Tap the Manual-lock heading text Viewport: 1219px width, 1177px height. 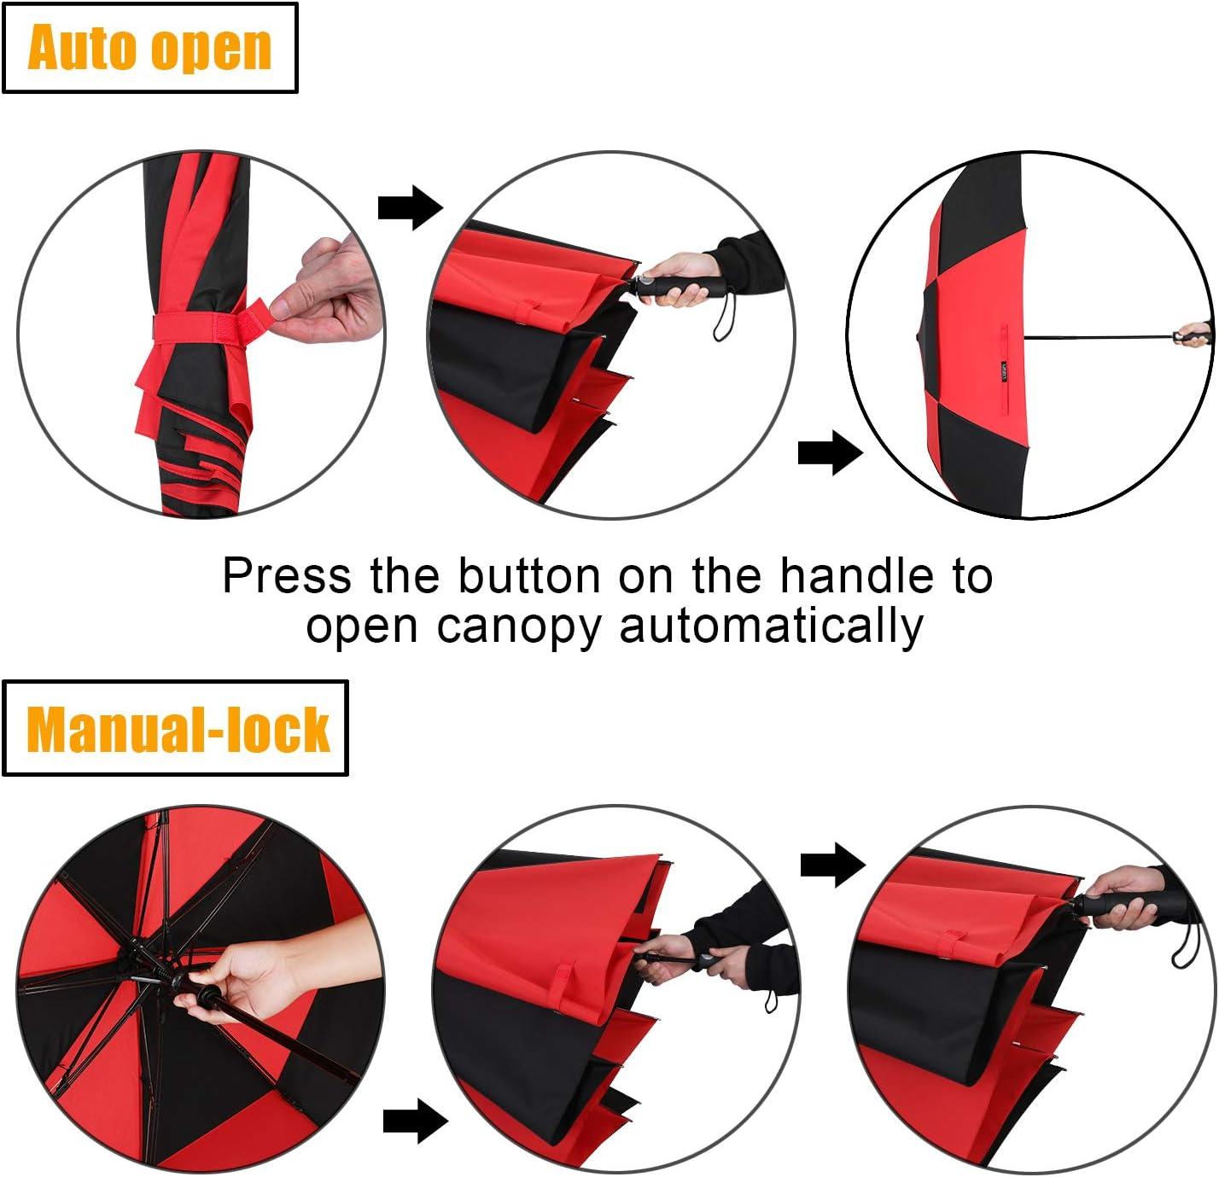[x=178, y=729]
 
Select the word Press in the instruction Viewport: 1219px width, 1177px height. [x=287, y=575]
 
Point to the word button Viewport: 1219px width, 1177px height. [x=530, y=575]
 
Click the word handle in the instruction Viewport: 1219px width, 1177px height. [x=856, y=575]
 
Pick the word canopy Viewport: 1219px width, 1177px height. [x=519, y=627]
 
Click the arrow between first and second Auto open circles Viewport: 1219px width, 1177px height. [x=411, y=207]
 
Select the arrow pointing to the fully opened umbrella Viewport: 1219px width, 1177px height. [x=830, y=452]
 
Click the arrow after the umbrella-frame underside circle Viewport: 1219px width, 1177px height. [x=416, y=1120]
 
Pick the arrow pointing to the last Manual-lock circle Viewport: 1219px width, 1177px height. [x=833, y=865]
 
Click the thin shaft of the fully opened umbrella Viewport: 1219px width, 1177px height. [x=1099, y=338]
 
